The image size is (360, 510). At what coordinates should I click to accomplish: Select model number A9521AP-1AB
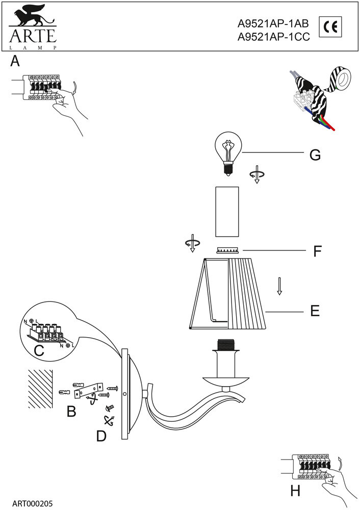click(273, 23)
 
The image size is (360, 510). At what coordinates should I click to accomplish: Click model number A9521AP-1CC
click(274, 36)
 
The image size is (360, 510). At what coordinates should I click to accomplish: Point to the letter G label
click(315, 155)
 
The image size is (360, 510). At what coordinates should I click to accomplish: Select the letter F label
click(317, 251)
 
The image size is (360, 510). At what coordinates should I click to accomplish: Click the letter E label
click(315, 311)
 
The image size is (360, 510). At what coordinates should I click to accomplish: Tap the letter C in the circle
click(38, 350)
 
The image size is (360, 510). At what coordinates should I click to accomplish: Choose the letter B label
click(71, 411)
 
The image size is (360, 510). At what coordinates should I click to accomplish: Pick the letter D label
click(101, 436)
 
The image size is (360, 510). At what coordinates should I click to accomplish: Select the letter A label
click(15, 62)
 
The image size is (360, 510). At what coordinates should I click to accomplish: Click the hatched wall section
click(40, 388)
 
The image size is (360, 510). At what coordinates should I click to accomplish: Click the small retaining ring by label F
click(227, 250)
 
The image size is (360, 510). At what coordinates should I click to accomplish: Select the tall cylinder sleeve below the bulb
click(227, 212)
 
